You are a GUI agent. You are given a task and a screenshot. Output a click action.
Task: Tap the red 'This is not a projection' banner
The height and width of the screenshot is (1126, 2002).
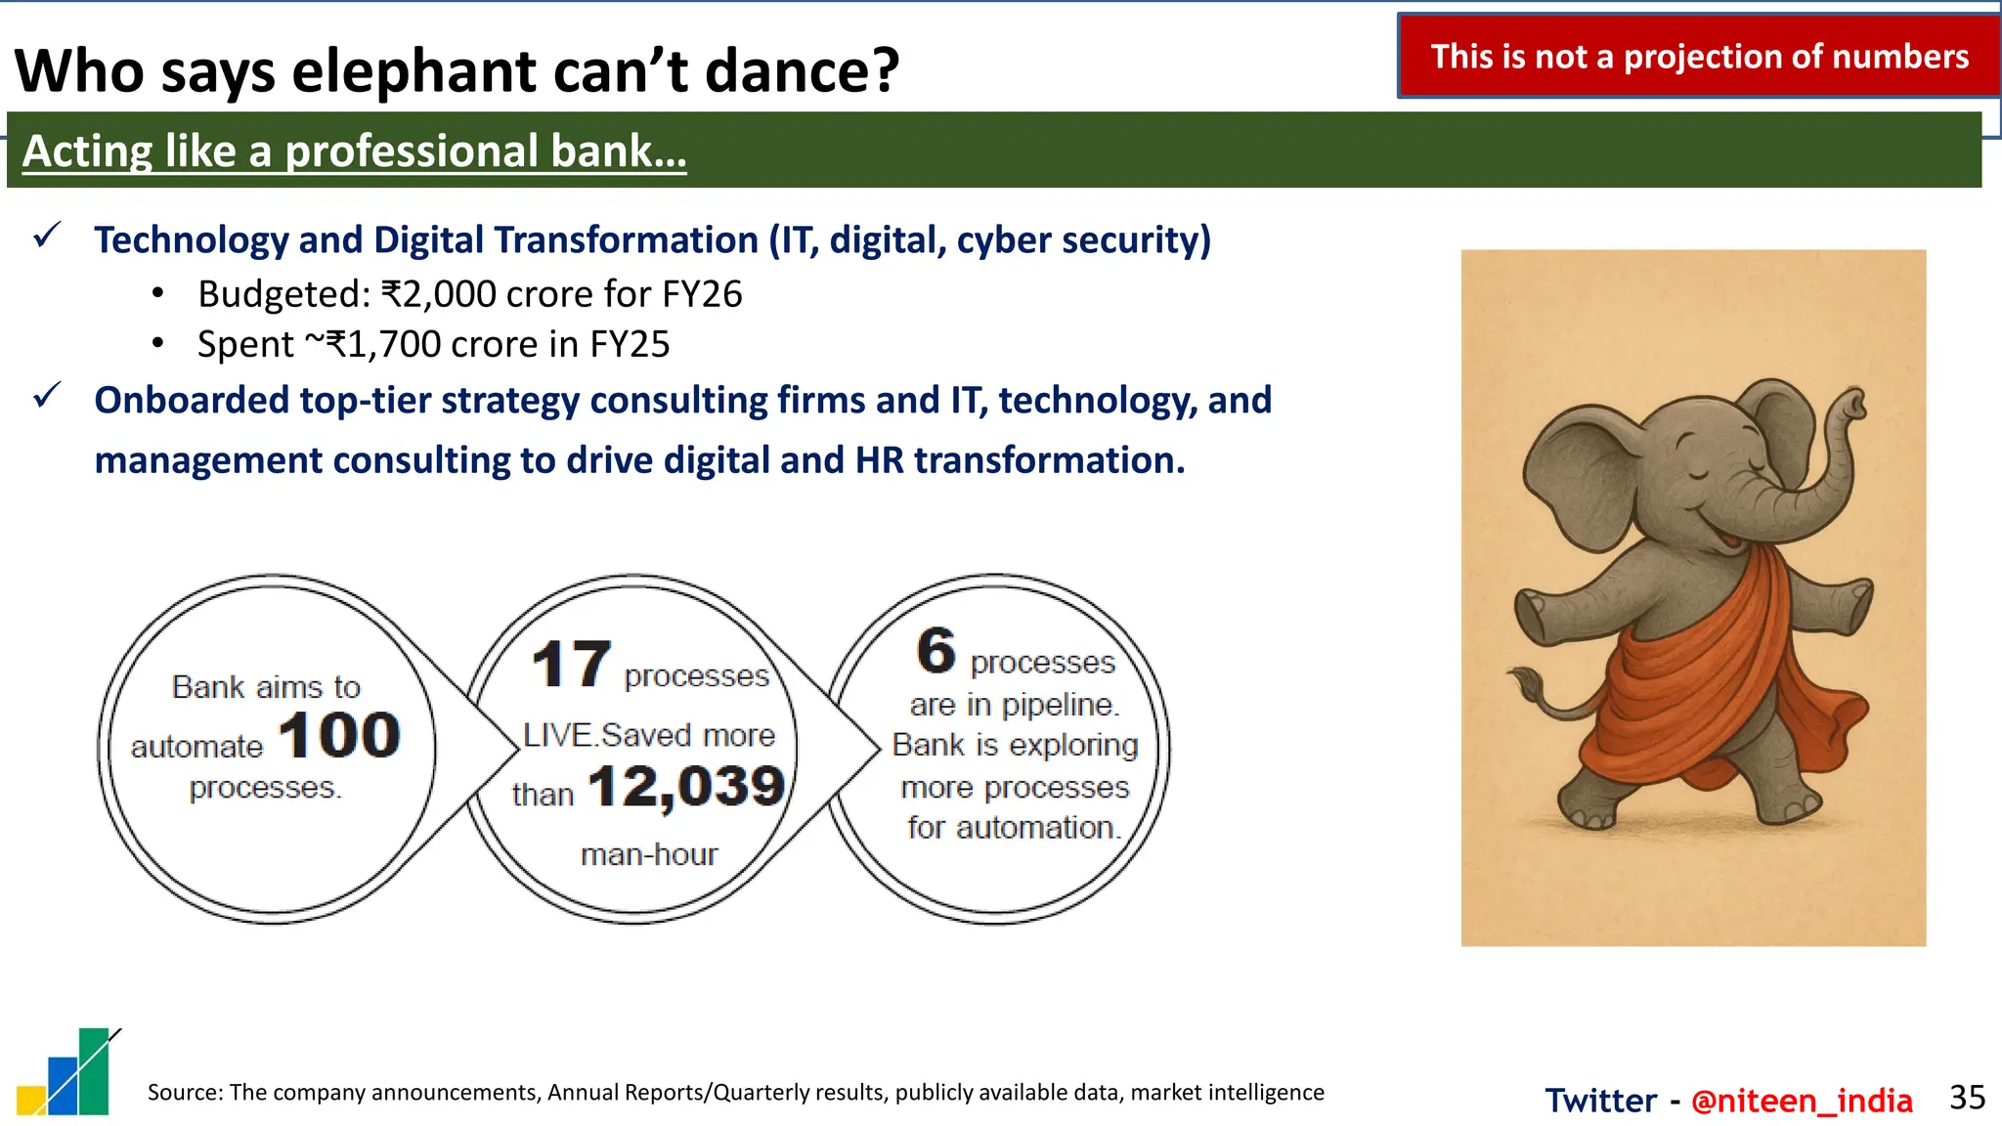1699,57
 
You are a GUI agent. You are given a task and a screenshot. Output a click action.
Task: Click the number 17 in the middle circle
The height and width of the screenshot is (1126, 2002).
571,666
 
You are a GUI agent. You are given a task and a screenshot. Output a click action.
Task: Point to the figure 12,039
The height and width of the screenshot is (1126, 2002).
686,787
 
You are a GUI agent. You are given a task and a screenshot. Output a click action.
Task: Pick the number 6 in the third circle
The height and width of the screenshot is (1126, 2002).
936,651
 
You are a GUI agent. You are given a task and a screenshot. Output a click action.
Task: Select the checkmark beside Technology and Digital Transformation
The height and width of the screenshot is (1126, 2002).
47,236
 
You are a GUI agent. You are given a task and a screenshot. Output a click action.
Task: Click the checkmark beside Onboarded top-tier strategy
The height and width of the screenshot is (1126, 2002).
47,396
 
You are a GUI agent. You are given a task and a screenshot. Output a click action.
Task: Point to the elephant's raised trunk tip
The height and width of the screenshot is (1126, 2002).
1850,403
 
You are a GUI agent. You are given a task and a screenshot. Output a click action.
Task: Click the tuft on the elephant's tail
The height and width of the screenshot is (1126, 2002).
1522,679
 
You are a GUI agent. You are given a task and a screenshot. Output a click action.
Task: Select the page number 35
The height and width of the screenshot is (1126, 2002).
1966,1098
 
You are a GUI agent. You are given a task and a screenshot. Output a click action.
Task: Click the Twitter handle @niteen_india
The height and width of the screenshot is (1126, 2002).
1801,1101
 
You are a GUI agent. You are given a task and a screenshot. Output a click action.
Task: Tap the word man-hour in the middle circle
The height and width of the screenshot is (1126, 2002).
649,855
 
